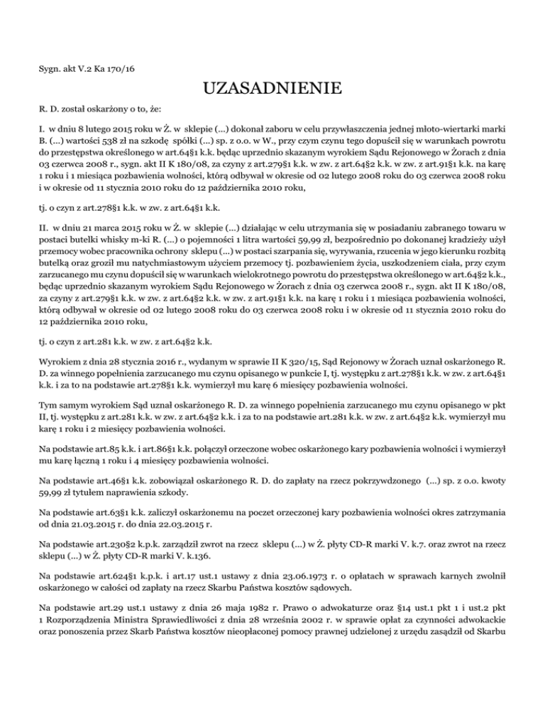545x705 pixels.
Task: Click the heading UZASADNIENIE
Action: (272, 89)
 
